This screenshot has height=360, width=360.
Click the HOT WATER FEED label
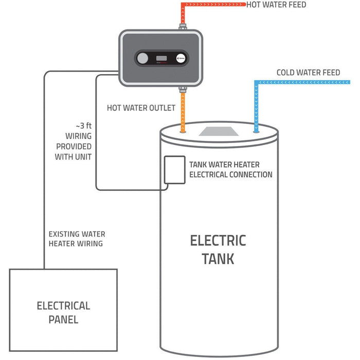[276, 5]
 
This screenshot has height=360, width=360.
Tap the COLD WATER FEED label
[308, 73]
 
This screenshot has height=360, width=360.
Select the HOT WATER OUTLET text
[141, 109]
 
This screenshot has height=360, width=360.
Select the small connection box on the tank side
[174, 170]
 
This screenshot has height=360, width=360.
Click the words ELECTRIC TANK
[218, 249]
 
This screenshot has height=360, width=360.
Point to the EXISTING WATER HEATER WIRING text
[77, 239]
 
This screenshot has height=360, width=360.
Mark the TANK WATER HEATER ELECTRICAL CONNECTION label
[230, 170]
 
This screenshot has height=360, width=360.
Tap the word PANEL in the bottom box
[63, 319]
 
